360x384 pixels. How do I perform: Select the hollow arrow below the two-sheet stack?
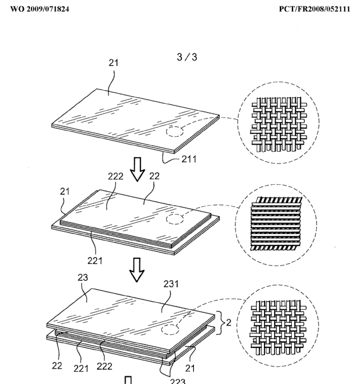(x=137, y=269)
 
